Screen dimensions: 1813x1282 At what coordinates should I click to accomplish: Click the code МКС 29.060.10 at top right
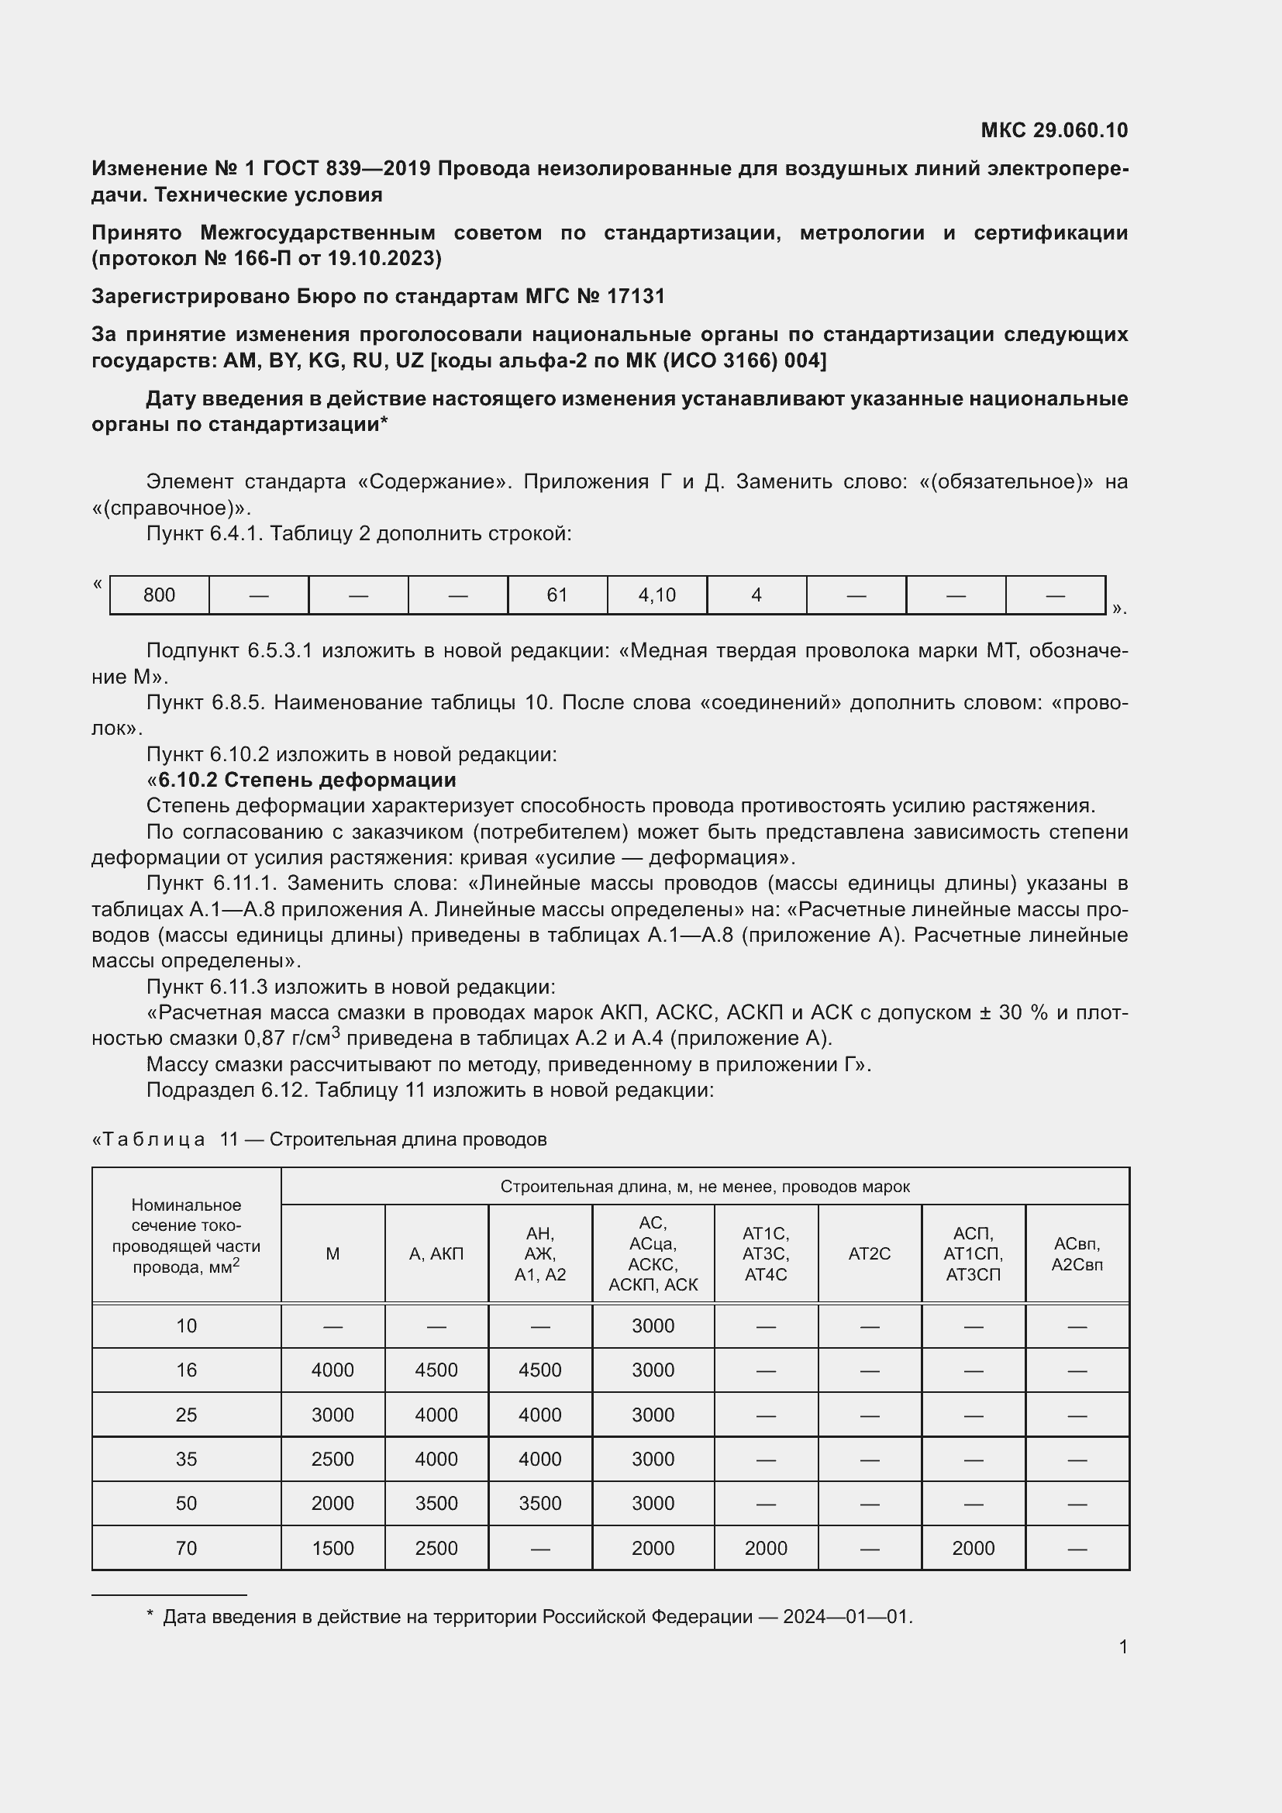click(1054, 130)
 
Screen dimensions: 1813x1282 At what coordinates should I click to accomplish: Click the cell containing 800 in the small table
click(160, 595)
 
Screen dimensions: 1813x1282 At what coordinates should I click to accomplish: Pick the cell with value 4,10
click(657, 595)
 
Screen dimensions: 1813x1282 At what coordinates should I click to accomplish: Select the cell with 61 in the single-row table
click(557, 595)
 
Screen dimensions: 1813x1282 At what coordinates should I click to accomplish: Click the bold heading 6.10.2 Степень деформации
click(307, 781)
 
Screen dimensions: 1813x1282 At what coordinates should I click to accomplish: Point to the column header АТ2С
click(869, 1253)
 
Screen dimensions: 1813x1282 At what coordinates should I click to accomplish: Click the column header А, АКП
click(436, 1253)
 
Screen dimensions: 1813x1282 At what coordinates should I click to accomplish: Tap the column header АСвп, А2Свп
click(1077, 1253)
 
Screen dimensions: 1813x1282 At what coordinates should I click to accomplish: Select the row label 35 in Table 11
click(186, 1460)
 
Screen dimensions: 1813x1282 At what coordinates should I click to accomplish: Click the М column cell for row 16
click(333, 1370)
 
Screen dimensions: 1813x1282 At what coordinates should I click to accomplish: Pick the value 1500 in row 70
click(333, 1549)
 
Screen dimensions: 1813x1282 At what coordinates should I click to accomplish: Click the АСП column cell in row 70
click(973, 1549)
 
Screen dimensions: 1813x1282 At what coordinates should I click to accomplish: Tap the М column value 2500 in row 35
click(333, 1460)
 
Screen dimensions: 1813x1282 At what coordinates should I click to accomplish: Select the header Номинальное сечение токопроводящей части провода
click(186, 1236)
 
